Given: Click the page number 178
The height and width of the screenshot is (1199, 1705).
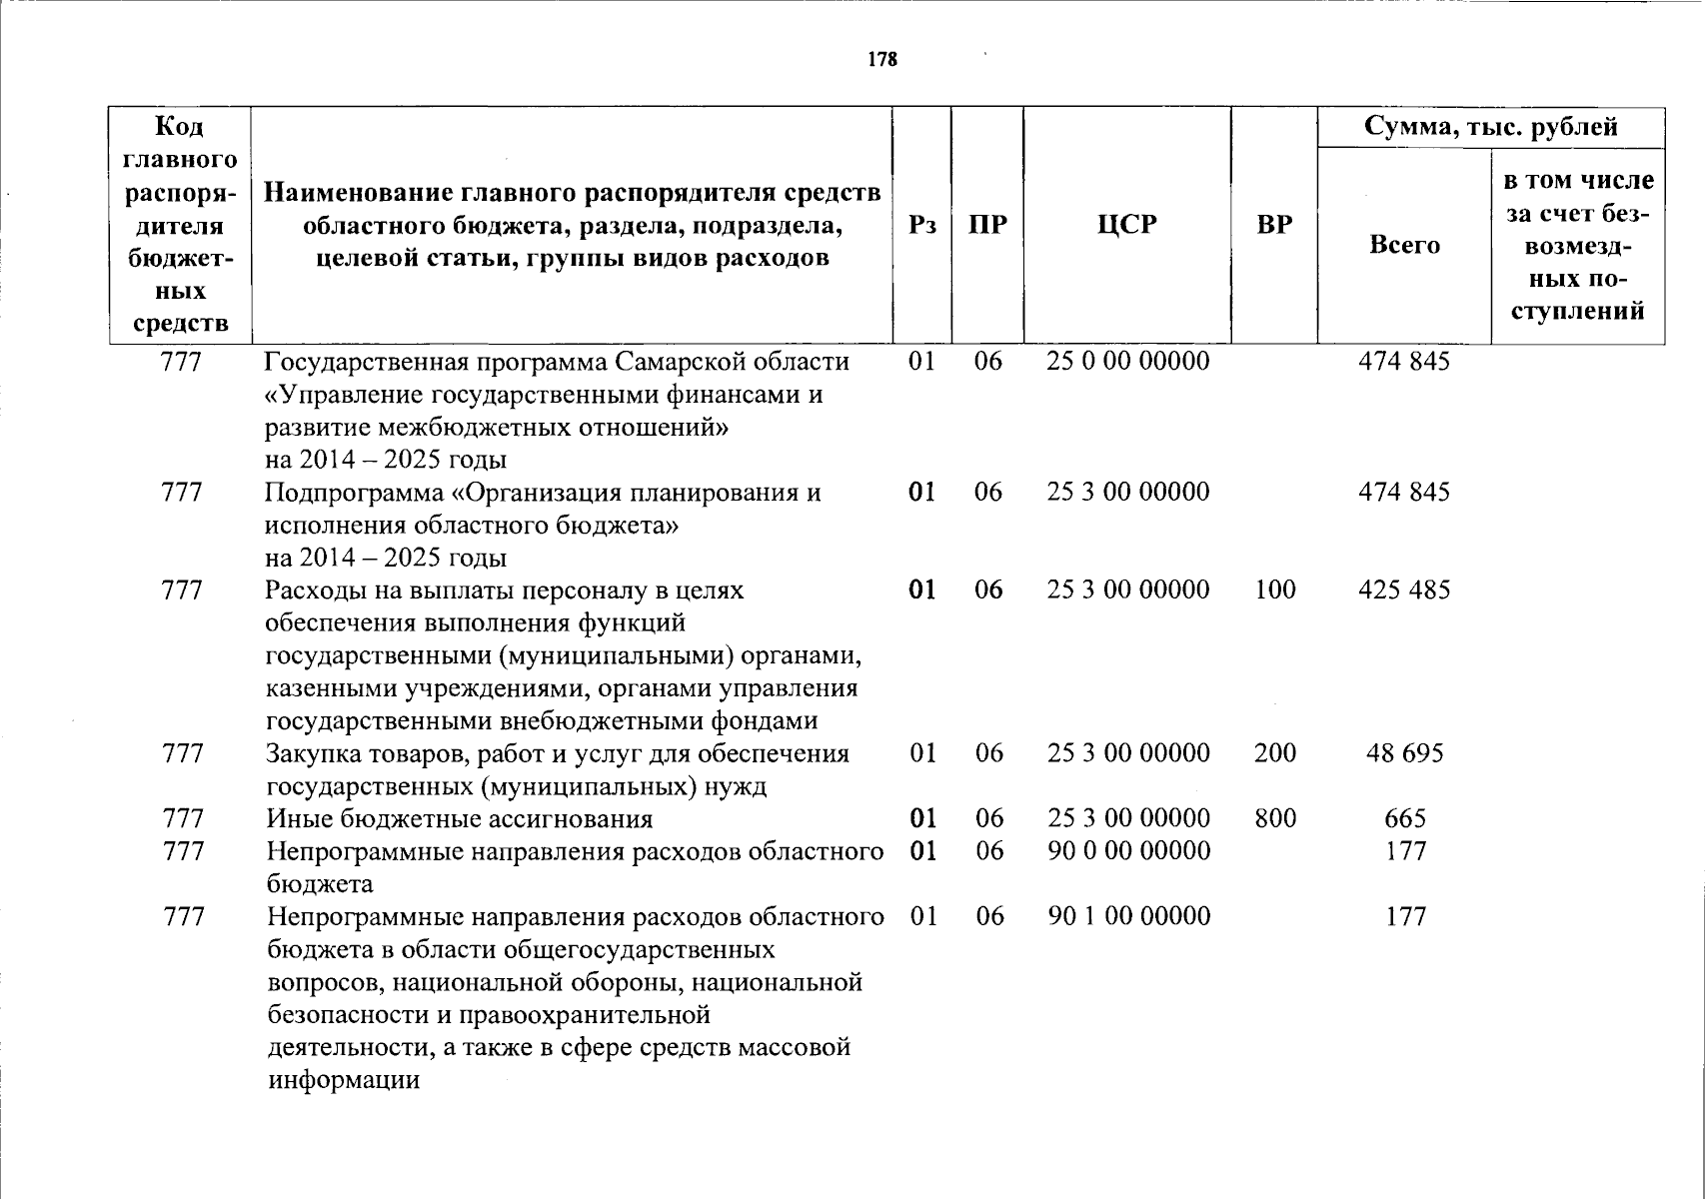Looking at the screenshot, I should coord(882,59).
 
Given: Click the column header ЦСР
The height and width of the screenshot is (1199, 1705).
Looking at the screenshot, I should coord(1126,225).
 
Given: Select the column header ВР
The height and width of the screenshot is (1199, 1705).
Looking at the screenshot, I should coord(1274,225).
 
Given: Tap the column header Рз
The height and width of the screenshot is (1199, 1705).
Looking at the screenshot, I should coord(922,225).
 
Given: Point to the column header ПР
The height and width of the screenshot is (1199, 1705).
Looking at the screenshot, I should coord(987,225).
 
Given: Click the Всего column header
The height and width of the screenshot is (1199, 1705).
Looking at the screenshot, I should coord(1404,245).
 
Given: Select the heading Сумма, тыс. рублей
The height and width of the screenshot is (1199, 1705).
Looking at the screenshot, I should coord(1491,127).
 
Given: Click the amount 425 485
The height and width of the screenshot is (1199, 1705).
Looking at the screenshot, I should coord(1404,590).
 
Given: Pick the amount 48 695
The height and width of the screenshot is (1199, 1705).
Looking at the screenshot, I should coord(1404,752).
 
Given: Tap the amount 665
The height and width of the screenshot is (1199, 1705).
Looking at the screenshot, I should coord(1404,818).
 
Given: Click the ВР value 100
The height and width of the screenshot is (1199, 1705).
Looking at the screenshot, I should coord(1274,590).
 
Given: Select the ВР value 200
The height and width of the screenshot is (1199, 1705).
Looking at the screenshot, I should coord(1274,752).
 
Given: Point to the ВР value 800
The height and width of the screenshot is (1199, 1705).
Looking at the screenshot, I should coord(1274,818).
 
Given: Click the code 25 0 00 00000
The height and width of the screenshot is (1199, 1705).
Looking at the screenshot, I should coord(1127,361).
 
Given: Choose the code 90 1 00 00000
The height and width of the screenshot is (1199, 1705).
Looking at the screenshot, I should coord(1128,916).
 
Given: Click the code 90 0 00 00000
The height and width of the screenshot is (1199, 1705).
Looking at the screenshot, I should coord(1128,850).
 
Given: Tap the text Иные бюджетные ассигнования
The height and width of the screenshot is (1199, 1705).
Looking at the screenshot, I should coord(459,819).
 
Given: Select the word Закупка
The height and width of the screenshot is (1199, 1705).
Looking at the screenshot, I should coord(313,753).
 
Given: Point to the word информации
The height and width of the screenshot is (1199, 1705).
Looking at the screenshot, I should coord(343,1080).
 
